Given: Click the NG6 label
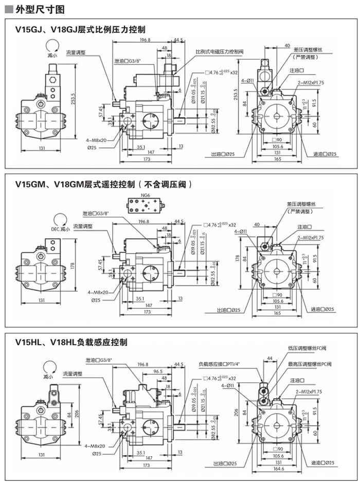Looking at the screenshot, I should pos(146,196).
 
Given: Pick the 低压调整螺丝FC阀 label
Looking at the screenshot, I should pos(307,348).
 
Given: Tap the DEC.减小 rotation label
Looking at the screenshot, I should pos(60,229).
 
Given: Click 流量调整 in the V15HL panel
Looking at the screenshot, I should pos(72,373).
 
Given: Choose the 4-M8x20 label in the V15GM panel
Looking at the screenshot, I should pos(98,292).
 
